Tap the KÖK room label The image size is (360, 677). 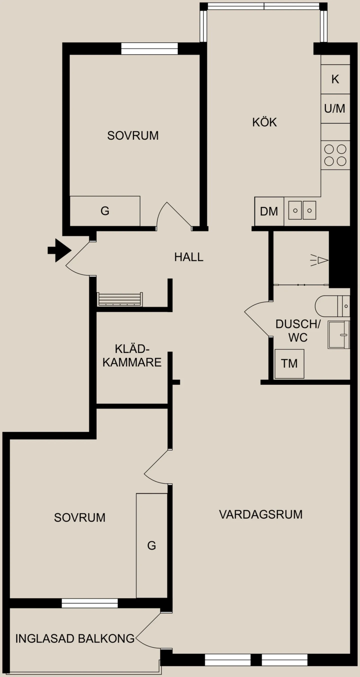coord(264,122)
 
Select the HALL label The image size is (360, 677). coord(189,257)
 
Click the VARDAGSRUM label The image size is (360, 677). coord(261,514)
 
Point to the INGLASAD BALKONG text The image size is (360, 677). coord(75,638)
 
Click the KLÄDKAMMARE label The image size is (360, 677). coord(132,356)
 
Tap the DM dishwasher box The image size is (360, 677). coord(269,211)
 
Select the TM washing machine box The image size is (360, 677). coord(289,364)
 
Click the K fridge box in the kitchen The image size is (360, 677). coord(335,79)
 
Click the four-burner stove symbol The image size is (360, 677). coord(335,155)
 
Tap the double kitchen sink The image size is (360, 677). coord(302,210)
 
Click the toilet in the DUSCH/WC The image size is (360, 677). coord(332,306)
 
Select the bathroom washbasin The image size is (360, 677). coord(339,335)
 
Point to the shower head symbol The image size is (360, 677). coord(319,260)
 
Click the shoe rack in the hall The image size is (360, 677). coord(120,299)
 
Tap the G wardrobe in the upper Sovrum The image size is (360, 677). coord(105,211)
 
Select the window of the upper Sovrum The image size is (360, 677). coord(149,49)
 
